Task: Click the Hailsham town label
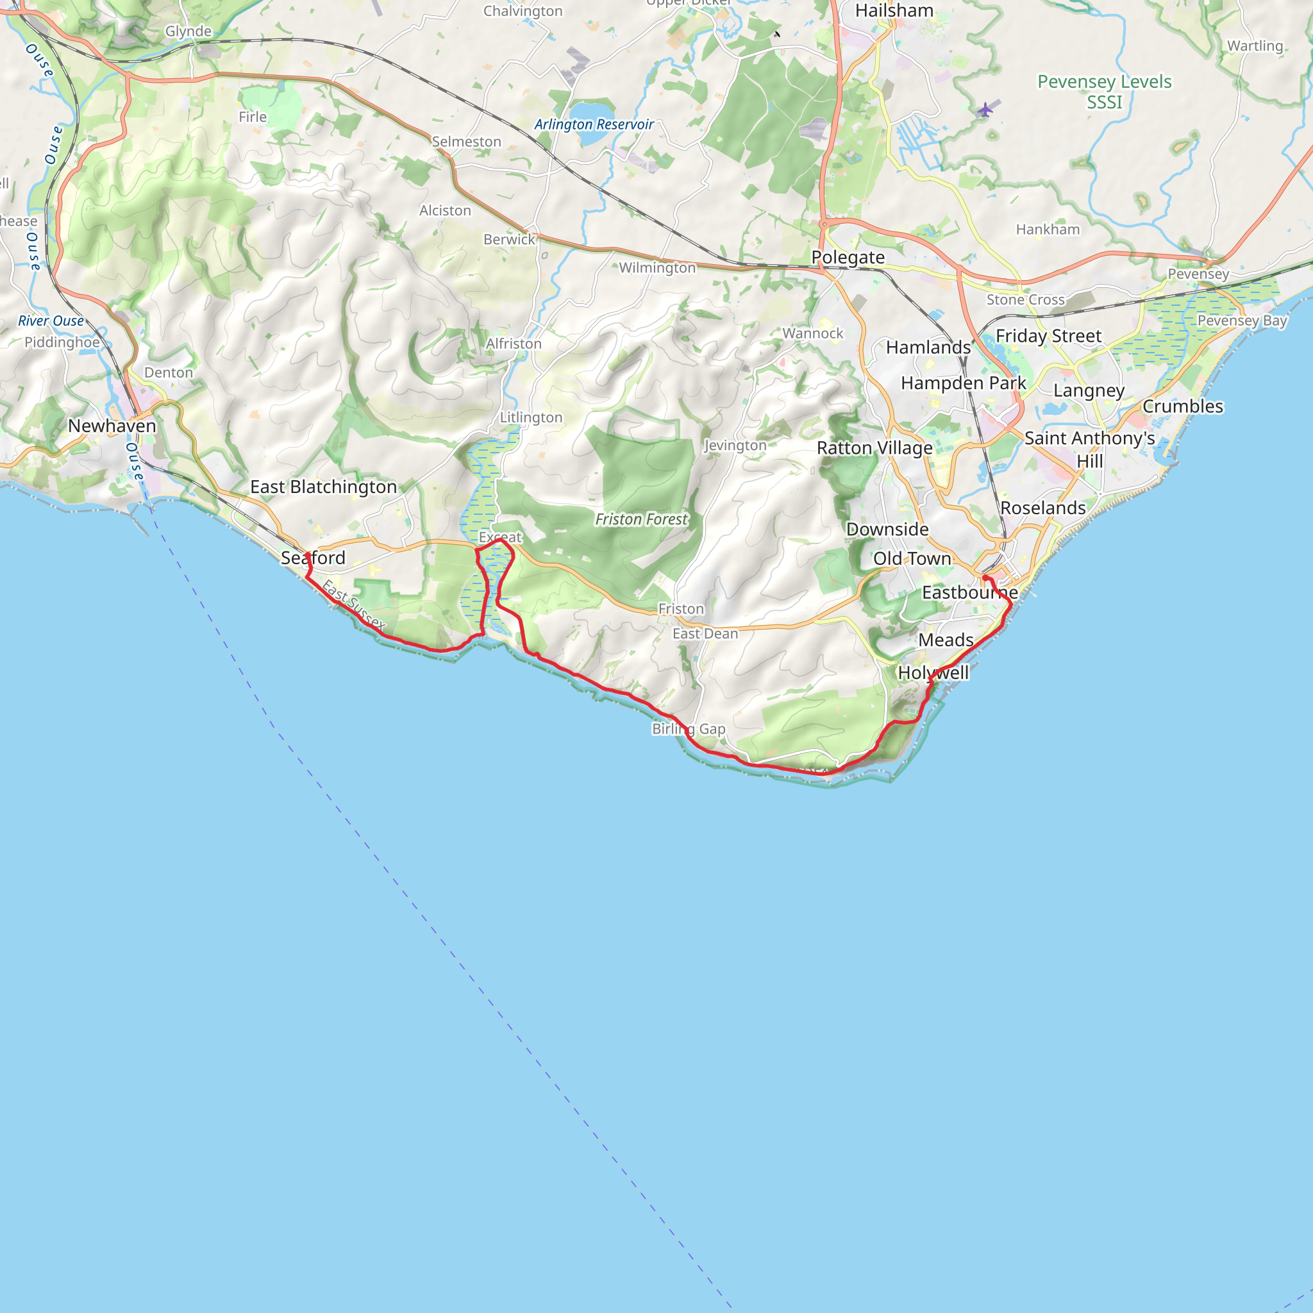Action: coord(894,11)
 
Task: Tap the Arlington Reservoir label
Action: coord(593,124)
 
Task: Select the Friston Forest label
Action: coord(642,519)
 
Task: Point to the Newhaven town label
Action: coord(112,426)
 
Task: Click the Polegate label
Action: coord(848,258)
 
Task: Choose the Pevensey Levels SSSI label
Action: coord(1105,92)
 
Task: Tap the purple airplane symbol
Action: coord(985,109)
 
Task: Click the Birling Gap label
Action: coord(689,728)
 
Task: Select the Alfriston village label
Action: coord(513,344)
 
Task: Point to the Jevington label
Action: coord(735,445)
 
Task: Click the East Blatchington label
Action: coord(324,487)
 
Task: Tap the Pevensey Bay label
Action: coord(1242,321)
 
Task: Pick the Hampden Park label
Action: coord(963,383)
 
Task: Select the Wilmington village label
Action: coord(657,268)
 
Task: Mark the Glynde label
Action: coord(188,31)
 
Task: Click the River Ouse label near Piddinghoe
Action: coord(51,321)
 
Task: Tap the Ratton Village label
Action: coord(874,449)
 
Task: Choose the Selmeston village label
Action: coord(466,142)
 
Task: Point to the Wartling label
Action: coord(1255,46)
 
